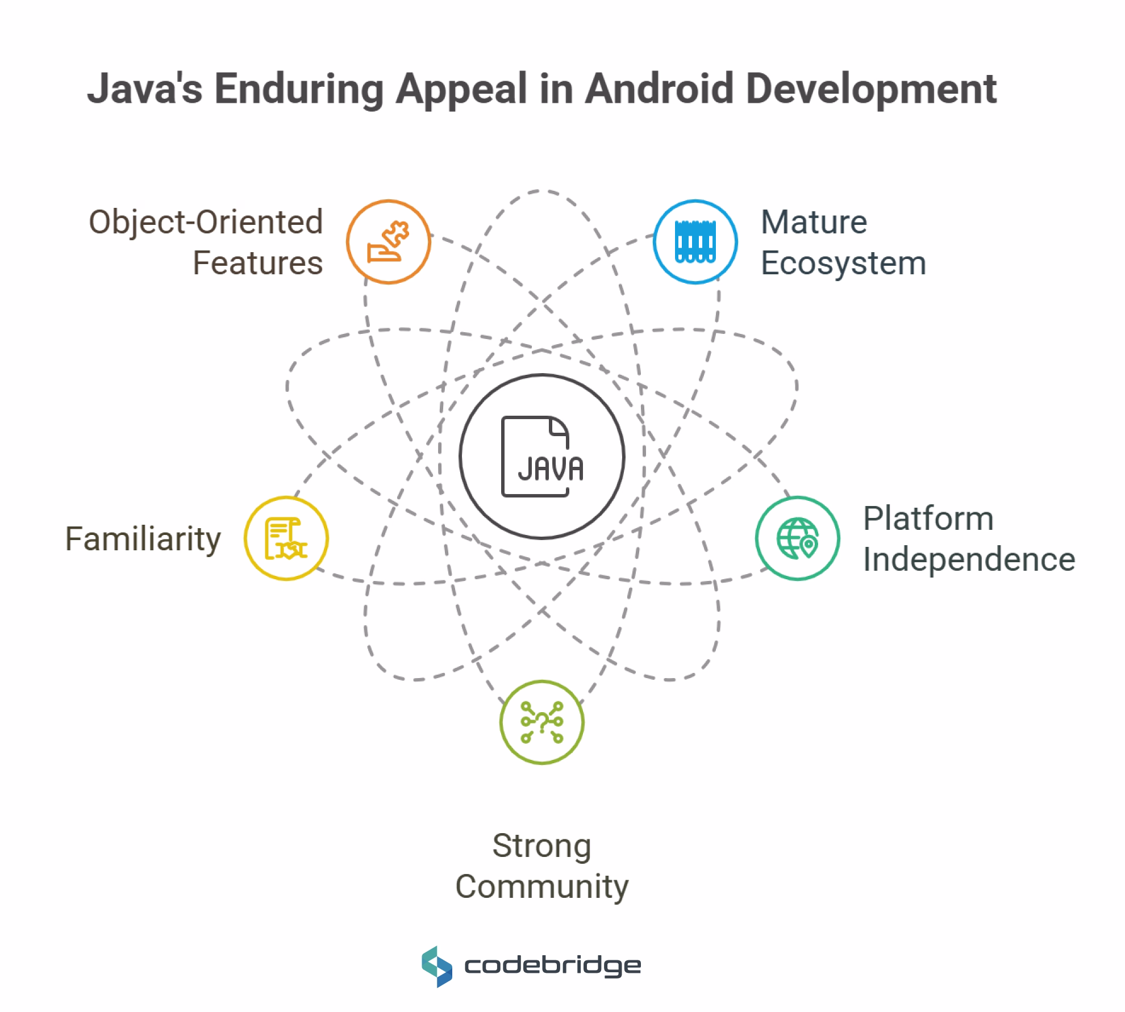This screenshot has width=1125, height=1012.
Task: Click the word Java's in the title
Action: point(145,89)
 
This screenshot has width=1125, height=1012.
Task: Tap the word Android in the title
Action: point(660,89)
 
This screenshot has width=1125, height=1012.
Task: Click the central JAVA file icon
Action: point(541,456)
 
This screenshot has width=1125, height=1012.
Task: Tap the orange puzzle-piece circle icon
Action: point(389,242)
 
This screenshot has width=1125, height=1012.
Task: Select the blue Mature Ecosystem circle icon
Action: point(695,242)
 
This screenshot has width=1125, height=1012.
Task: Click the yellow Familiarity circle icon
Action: point(286,538)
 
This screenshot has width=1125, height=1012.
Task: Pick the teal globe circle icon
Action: point(797,538)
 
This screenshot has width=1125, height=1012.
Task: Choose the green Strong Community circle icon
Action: point(541,722)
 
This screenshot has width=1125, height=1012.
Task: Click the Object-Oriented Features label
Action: point(206,242)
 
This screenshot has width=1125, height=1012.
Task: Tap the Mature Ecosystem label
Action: point(843,242)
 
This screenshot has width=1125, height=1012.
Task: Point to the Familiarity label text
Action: point(143,538)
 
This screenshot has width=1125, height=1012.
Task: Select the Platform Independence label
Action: point(968,538)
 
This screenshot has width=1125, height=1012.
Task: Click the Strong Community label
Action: point(541,866)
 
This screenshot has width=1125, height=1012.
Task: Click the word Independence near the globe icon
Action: point(969,559)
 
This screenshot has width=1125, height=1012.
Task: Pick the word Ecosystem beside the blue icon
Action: point(843,263)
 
